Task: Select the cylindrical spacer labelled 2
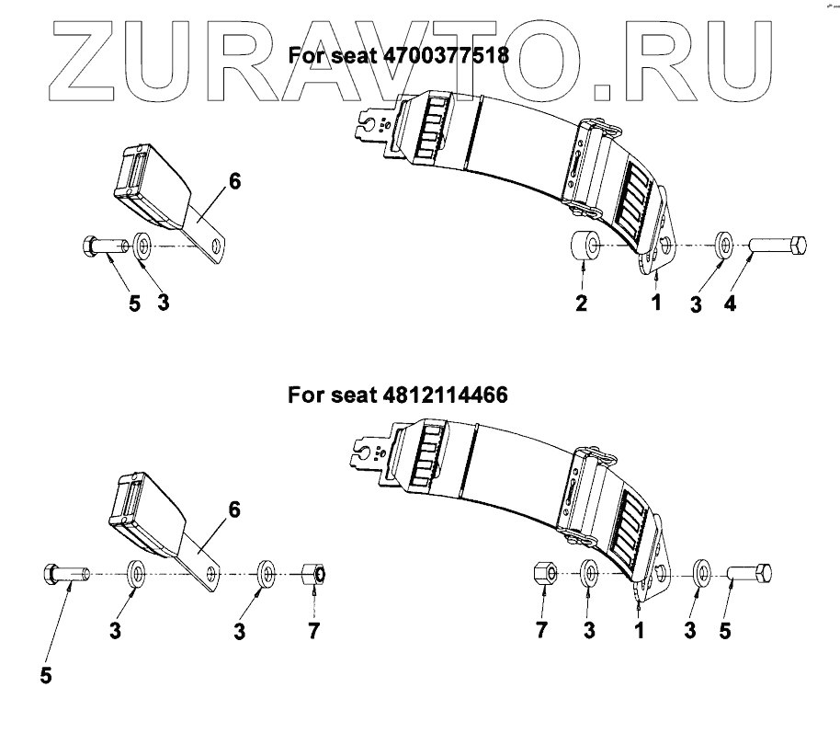pos(585,247)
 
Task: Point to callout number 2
pos(582,304)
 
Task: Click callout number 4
pos(729,304)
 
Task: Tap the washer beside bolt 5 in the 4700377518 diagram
pos(143,246)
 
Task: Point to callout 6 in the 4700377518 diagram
pos(235,181)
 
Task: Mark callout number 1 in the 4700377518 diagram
pos(657,304)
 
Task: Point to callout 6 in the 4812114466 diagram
pos(235,509)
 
